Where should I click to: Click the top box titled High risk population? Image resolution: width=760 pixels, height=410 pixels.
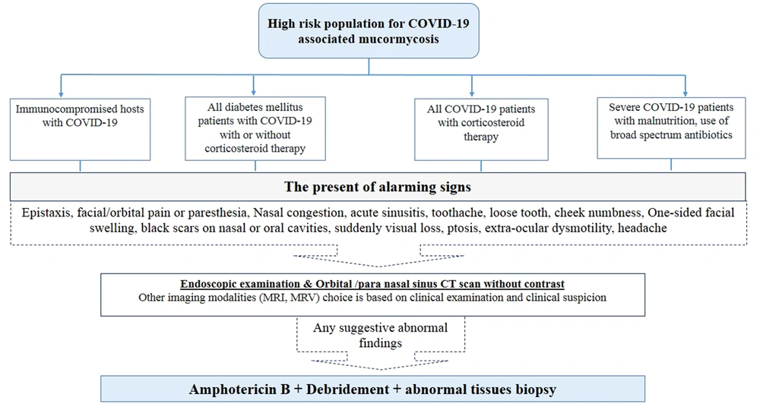[369, 31]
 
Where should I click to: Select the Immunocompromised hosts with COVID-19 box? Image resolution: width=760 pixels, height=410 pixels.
[80, 129]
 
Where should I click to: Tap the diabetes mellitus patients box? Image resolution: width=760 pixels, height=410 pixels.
[255, 128]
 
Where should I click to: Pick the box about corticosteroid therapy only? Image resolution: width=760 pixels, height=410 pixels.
[481, 129]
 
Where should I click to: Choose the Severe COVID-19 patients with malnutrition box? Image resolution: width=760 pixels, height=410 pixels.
[671, 128]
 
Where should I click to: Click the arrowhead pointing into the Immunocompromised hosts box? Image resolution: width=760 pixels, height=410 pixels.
[61, 93]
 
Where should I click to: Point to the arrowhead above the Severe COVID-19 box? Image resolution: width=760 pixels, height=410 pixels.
[686, 93]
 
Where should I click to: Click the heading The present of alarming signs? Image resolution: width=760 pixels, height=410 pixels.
[378, 187]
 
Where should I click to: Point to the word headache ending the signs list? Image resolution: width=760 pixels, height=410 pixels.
[642, 228]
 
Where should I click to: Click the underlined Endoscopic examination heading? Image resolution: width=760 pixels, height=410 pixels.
[372, 284]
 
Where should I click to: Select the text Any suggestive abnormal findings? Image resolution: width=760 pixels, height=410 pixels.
[381, 335]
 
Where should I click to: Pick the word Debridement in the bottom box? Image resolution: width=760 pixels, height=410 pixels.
[347, 389]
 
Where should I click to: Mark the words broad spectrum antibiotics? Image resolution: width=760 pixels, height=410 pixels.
[671, 135]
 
